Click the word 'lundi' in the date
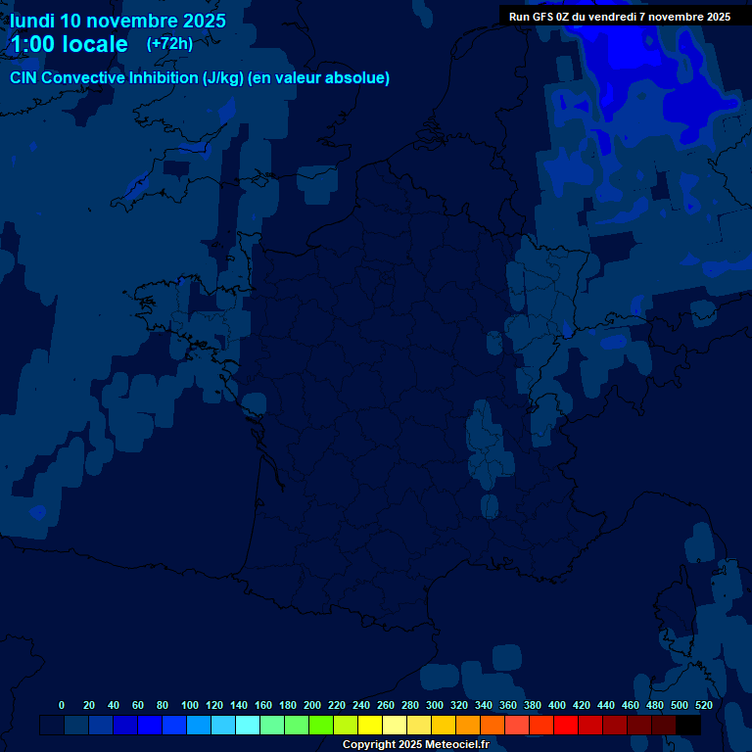point(31,21)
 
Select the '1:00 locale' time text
point(69,44)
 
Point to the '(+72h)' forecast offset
point(169,43)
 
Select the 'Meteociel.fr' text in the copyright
point(456,745)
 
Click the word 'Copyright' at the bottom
point(368,745)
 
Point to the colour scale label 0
point(62,705)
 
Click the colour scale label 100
point(190,705)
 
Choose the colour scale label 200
point(312,705)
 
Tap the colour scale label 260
point(386,705)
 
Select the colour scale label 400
point(557,705)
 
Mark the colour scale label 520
point(704,705)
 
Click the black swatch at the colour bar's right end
point(688,725)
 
